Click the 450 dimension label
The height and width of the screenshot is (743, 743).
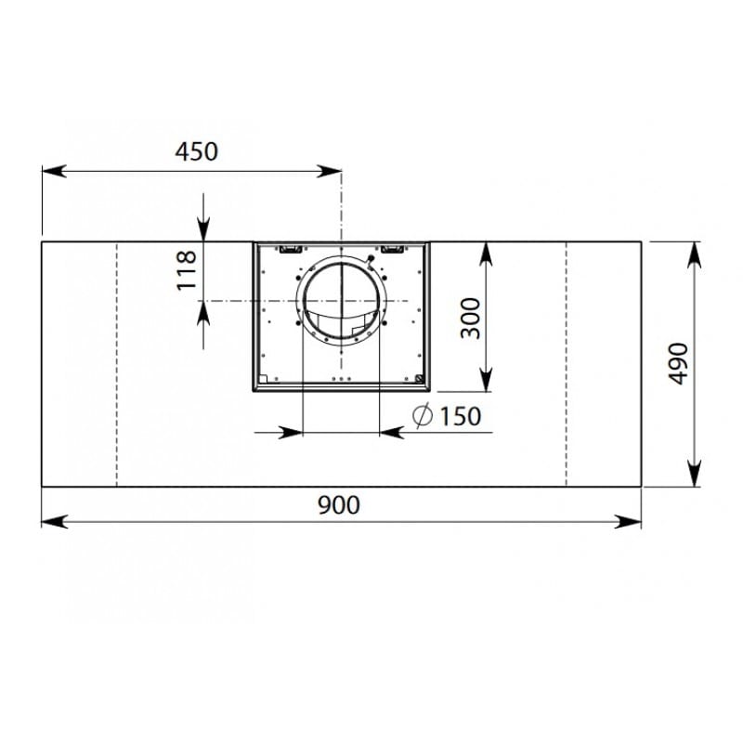tap(196, 151)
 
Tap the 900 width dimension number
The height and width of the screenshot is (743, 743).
tap(339, 505)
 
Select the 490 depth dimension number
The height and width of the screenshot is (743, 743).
tap(678, 363)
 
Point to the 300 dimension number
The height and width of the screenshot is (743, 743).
tap(471, 318)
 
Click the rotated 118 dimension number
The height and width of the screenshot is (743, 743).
tap(187, 270)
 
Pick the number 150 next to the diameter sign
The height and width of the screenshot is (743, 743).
tap(460, 416)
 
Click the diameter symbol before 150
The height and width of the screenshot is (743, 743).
tap(423, 415)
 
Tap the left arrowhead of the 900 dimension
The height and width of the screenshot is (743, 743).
tap(54, 522)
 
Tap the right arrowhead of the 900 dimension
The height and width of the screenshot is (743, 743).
tap(629, 522)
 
